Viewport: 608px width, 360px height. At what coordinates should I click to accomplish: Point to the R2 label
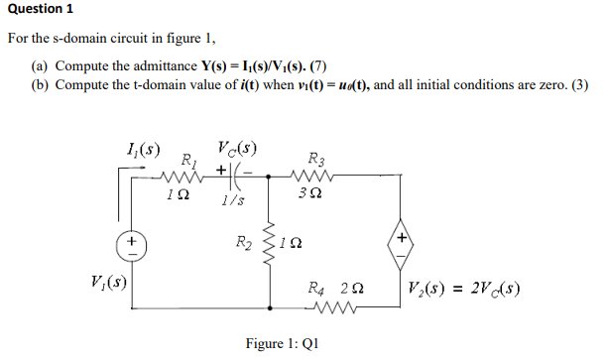click(243, 241)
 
